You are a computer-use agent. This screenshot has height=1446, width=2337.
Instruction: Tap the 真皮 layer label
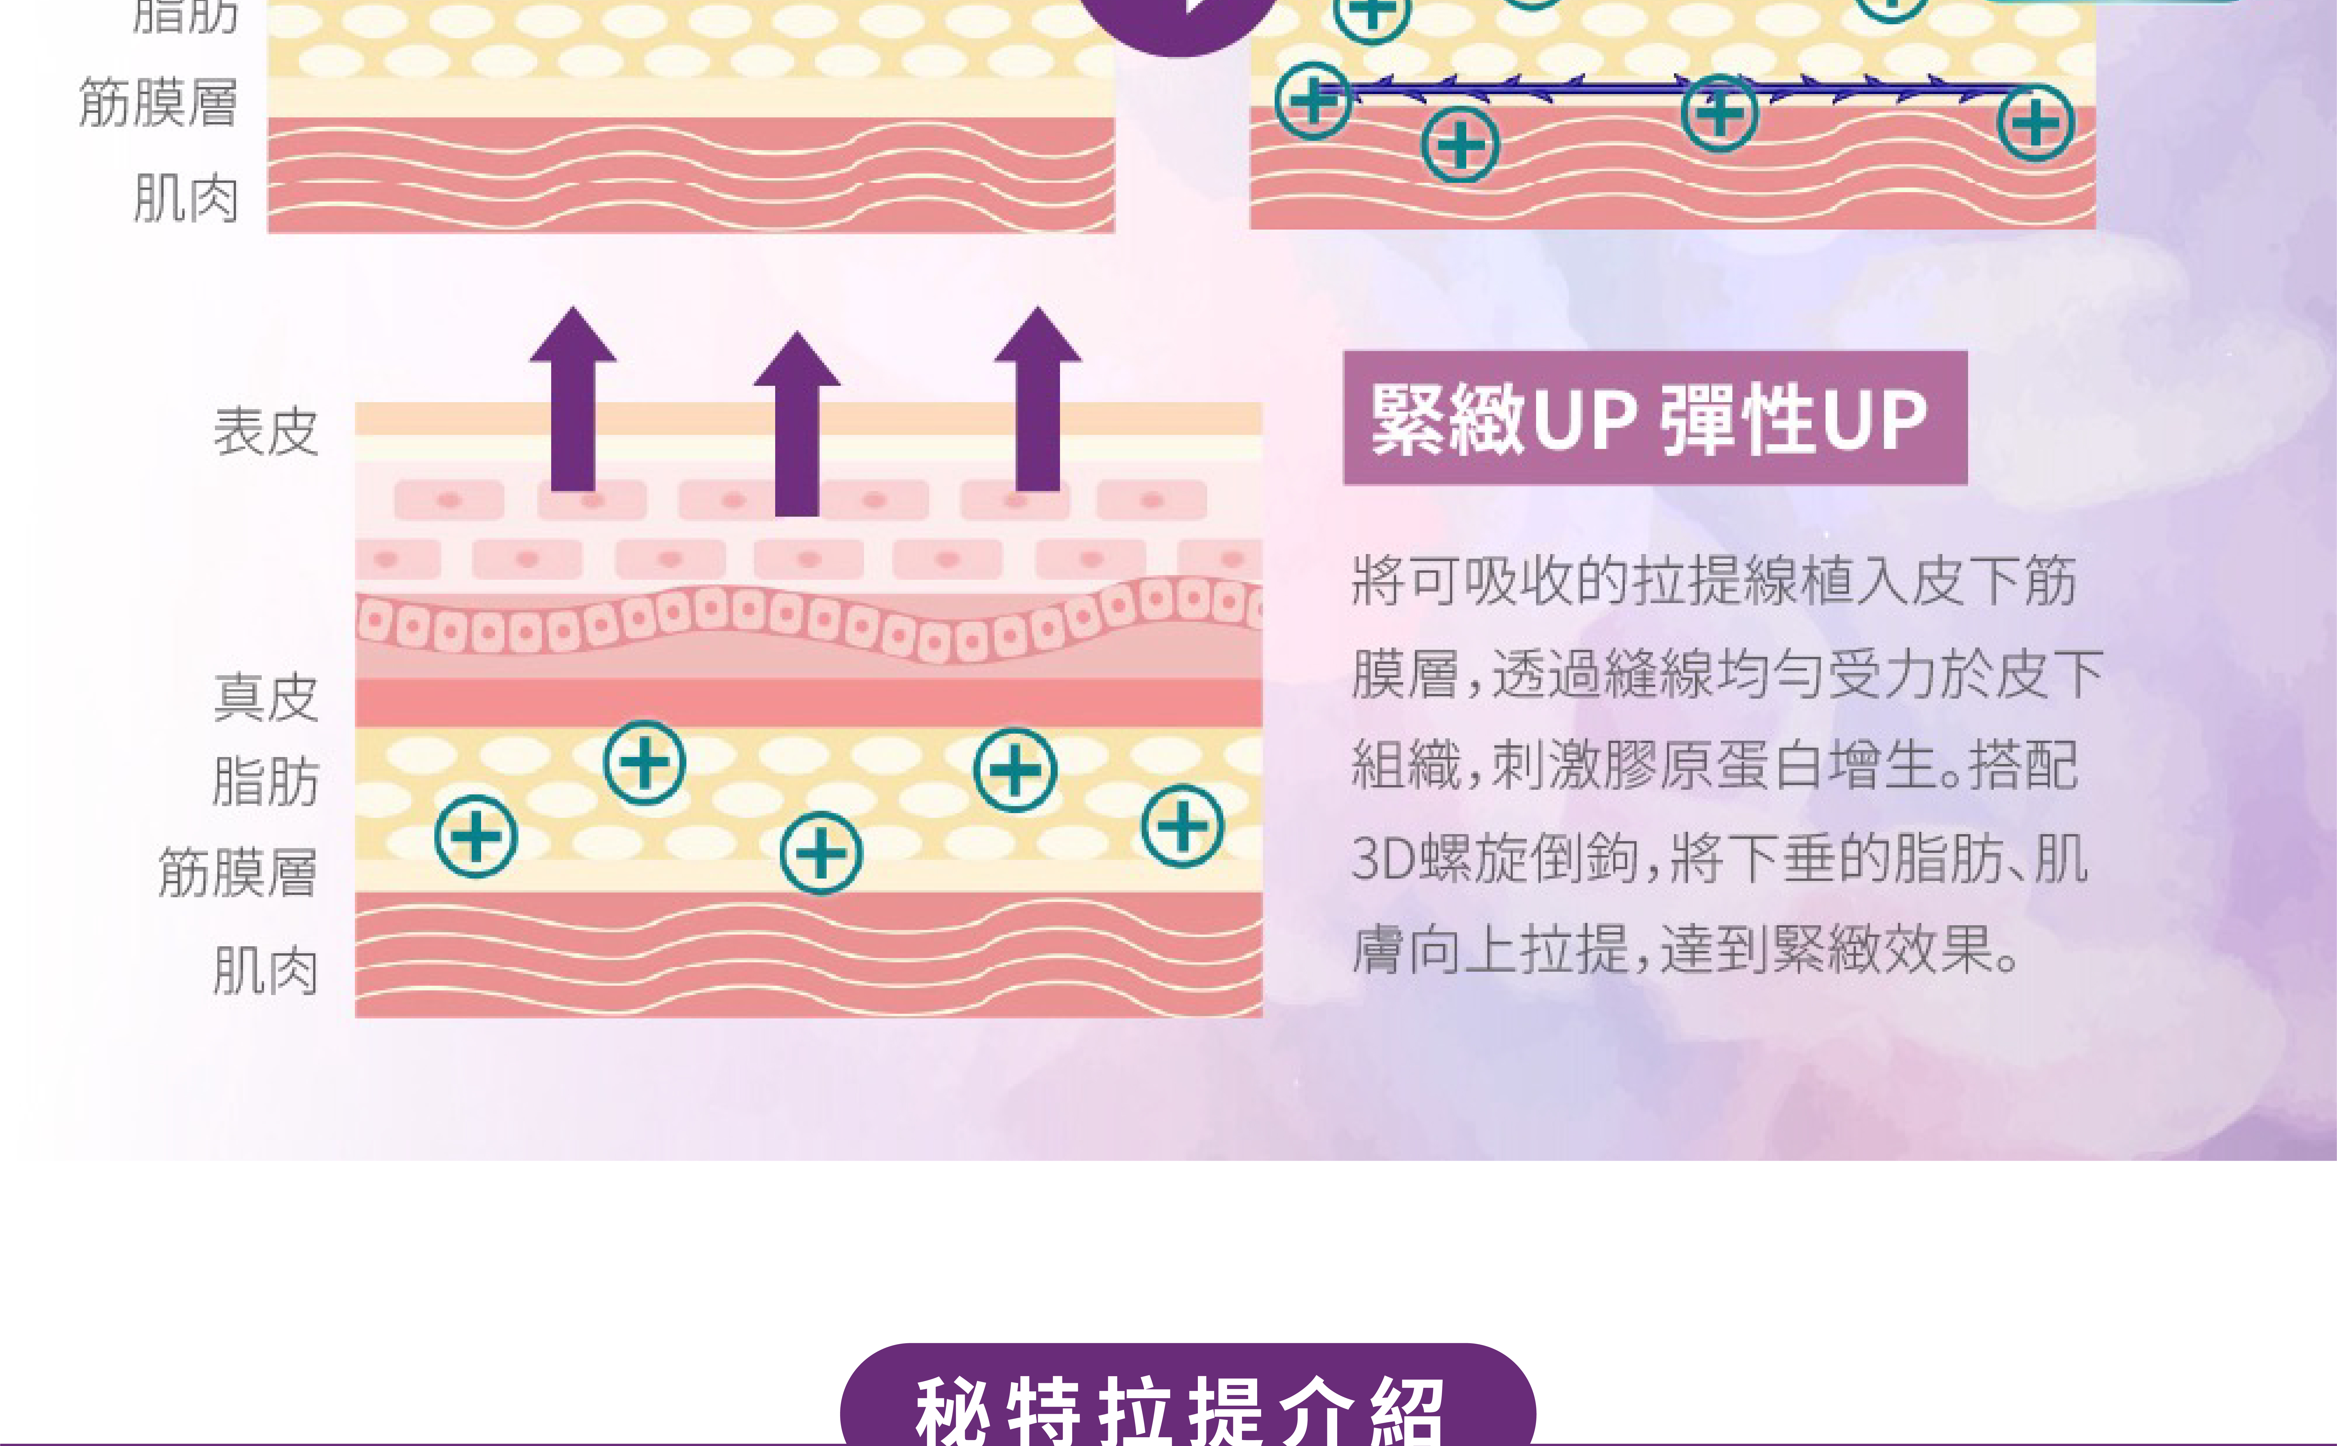tap(266, 697)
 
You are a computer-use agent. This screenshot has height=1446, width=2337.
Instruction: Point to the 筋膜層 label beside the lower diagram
tap(237, 872)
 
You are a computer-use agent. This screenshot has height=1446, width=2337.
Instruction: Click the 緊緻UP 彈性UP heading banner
tap(1654, 418)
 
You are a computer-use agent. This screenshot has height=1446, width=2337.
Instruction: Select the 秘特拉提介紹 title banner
tap(1187, 1406)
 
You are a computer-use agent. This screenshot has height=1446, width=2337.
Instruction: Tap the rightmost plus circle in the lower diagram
tap(1182, 825)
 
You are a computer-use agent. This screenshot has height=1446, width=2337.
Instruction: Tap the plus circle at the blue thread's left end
tap(1313, 100)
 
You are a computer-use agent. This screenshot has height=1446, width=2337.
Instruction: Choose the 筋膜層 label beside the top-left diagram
tap(158, 102)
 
